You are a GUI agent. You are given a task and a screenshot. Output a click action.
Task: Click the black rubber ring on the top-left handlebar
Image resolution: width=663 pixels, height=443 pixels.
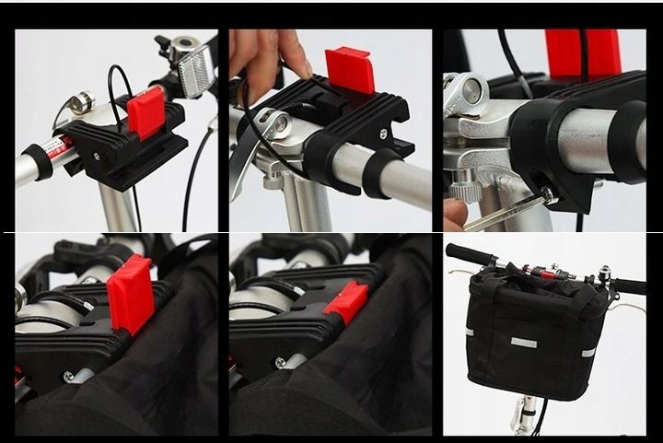39,160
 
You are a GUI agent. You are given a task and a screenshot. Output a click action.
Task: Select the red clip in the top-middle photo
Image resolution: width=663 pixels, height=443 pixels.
350,71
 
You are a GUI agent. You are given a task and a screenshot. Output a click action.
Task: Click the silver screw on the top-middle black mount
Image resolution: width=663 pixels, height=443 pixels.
378,132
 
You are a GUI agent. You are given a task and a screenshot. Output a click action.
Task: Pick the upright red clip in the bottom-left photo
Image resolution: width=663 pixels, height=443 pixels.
131,292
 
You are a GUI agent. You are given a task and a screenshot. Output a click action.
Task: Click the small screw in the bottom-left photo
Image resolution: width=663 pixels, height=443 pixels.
69,375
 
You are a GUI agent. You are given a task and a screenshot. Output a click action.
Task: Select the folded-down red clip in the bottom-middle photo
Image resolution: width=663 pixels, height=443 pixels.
346,303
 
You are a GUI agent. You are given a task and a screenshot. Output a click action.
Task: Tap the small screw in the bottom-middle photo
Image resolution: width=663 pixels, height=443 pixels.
280,363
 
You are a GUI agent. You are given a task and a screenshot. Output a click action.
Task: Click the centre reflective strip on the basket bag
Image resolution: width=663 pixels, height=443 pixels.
525,343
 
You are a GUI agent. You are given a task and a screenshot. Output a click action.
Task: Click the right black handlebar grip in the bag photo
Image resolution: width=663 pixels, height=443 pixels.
630,286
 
